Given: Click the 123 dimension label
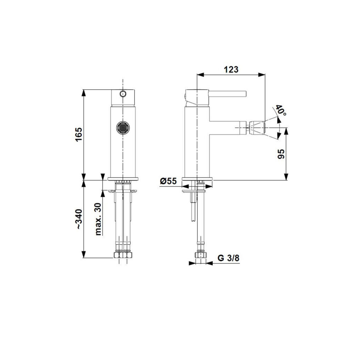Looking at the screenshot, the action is point(231,69).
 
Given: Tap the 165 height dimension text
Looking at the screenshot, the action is point(79,134).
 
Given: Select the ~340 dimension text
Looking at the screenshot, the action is point(79,219).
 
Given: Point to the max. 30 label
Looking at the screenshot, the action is point(99,219).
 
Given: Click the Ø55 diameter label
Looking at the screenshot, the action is point(168,181).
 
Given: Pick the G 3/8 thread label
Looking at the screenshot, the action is point(228,258).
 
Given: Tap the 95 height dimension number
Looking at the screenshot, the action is point(281,154).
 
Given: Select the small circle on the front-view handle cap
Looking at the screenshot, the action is point(123,94).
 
